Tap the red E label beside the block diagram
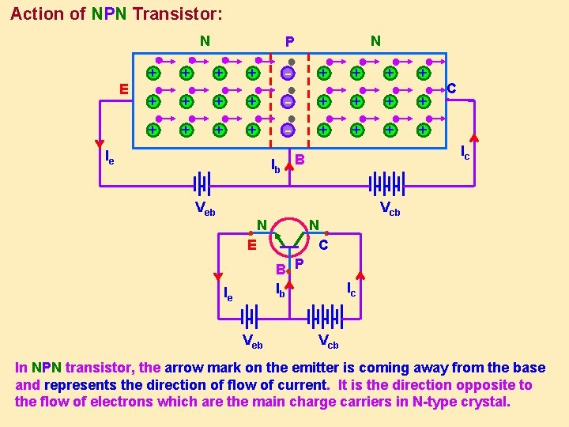124,89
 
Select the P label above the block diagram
289,41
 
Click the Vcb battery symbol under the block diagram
388,183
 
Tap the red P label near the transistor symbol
300,263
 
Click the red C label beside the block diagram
451,89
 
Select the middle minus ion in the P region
288,101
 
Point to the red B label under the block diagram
300,161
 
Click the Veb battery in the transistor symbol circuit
251,316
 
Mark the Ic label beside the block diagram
465,151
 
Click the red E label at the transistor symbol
251,245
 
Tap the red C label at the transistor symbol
323,245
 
